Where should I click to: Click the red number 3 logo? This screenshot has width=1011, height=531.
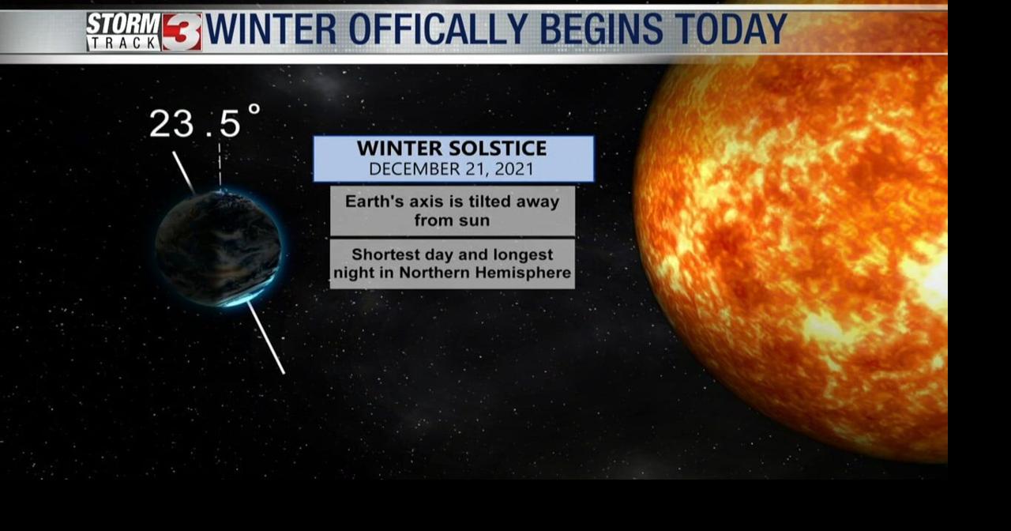click(182, 32)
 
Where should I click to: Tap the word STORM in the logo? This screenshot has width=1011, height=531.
click(123, 23)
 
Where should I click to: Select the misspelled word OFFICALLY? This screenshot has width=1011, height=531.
click(438, 30)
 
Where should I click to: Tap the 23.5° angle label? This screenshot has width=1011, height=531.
click(204, 122)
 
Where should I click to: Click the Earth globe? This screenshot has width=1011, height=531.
click(218, 247)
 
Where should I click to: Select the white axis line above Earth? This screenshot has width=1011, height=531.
click(183, 171)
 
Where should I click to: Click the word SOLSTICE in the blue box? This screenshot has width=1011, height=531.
click(499, 149)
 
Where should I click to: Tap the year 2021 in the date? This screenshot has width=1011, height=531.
click(514, 169)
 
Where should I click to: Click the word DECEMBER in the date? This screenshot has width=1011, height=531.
click(408, 169)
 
